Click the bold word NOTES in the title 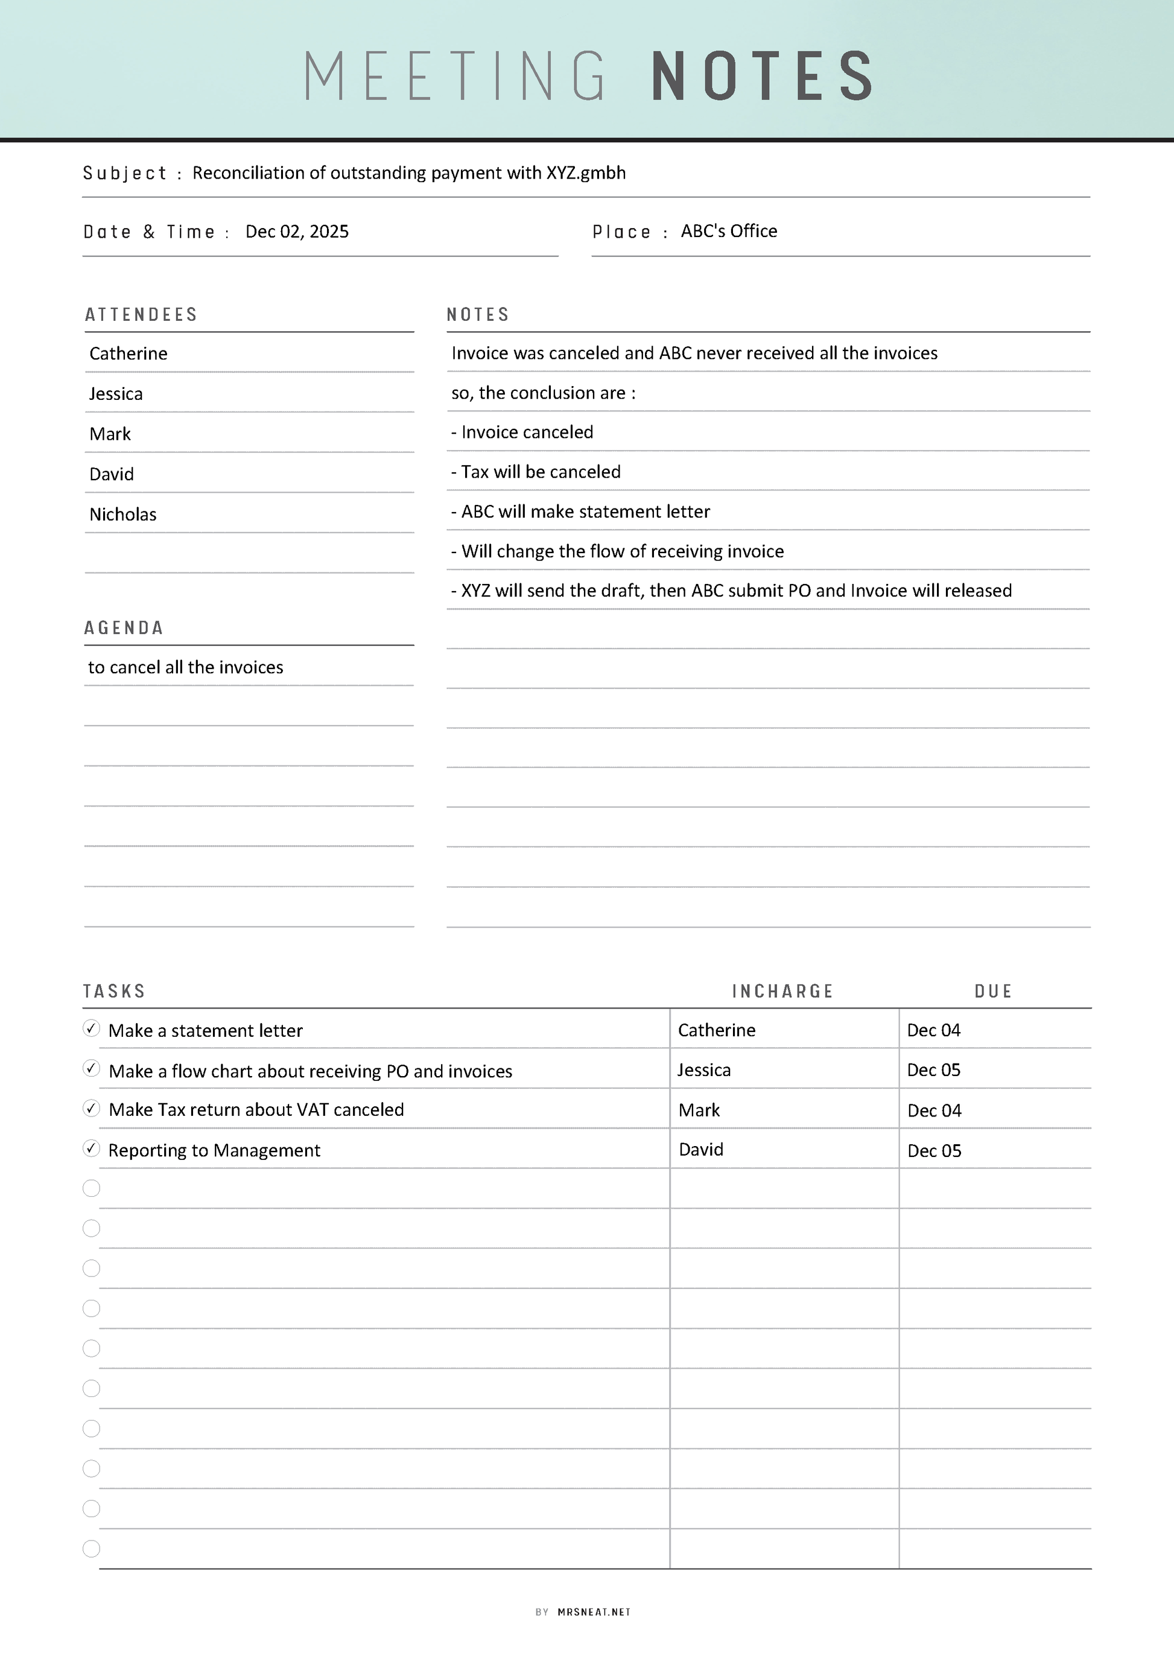click(763, 76)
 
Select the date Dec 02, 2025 click(296, 232)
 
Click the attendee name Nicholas click(123, 514)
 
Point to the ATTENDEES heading click(141, 314)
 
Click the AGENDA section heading click(124, 627)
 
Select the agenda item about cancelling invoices click(186, 667)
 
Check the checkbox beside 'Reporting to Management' click(91, 1148)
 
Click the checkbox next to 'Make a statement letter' click(91, 1028)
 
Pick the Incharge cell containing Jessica click(704, 1070)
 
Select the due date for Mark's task click(934, 1110)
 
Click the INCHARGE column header click(783, 991)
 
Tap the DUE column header click(993, 991)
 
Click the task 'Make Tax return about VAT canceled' click(256, 1110)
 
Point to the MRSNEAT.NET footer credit click(594, 1612)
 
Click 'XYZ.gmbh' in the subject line click(586, 173)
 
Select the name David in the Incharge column click(701, 1150)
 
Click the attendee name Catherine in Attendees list click(129, 353)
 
